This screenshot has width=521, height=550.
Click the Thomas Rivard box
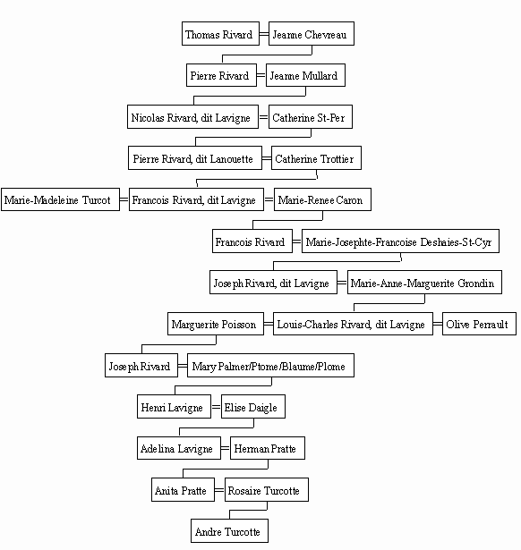220,34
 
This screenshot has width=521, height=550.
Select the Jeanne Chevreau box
312,34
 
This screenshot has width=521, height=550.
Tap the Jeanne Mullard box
305,75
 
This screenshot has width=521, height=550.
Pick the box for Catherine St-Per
311,117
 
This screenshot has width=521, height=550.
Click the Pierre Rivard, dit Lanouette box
195,158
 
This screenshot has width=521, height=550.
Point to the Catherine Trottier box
316,158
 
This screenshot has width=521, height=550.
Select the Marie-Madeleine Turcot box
60,199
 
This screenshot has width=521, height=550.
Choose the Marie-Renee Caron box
322,199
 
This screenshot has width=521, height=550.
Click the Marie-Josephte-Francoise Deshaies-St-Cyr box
400,241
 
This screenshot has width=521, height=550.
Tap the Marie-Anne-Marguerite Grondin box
424,283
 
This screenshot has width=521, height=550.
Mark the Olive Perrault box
479,324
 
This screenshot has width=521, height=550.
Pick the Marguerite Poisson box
216,324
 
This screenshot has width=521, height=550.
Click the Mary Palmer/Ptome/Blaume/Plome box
270,366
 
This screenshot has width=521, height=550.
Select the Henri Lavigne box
175,407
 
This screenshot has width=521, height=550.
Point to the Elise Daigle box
253,407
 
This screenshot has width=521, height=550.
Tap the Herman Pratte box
268,448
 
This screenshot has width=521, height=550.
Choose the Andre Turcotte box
229,531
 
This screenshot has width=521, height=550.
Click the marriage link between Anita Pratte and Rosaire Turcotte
219,490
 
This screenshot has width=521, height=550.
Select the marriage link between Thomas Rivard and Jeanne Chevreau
264,34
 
